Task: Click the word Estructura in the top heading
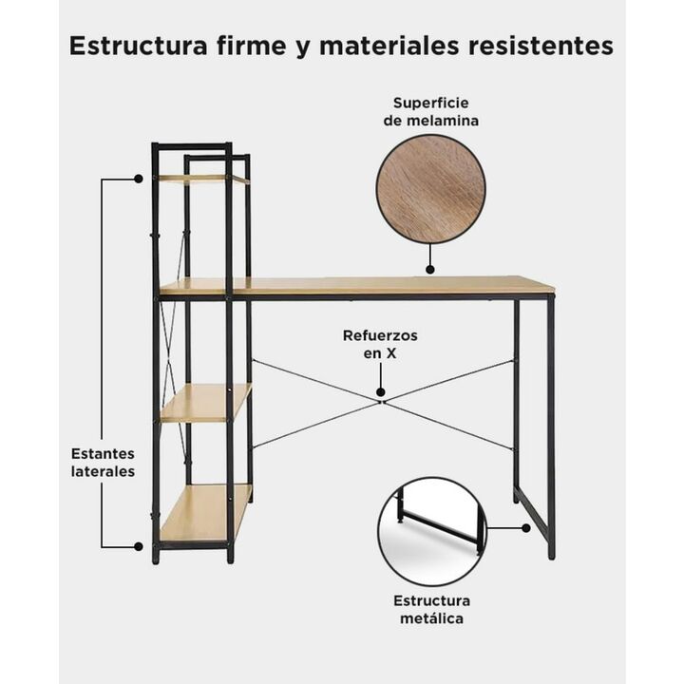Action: (x=139, y=46)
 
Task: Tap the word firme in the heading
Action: (x=251, y=46)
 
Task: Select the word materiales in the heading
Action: (x=389, y=46)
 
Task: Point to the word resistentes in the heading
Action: (x=541, y=47)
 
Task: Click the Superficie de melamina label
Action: (x=431, y=112)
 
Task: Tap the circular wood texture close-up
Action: (x=430, y=189)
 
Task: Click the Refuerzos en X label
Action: (x=380, y=344)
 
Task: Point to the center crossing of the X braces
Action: (x=382, y=402)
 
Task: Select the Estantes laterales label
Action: (x=103, y=463)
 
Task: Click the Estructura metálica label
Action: (x=431, y=609)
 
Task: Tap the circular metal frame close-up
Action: (x=432, y=531)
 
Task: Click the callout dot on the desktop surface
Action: (x=430, y=270)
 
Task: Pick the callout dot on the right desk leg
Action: (x=526, y=528)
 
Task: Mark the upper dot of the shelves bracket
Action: (x=139, y=179)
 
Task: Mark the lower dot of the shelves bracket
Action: (x=139, y=546)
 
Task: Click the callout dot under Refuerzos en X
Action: (x=381, y=392)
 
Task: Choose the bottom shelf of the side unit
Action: (x=205, y=513)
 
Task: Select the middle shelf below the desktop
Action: (x=206, y=402)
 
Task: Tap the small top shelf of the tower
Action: (x=203, y=178)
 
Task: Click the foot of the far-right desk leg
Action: (x=551, y=556)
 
